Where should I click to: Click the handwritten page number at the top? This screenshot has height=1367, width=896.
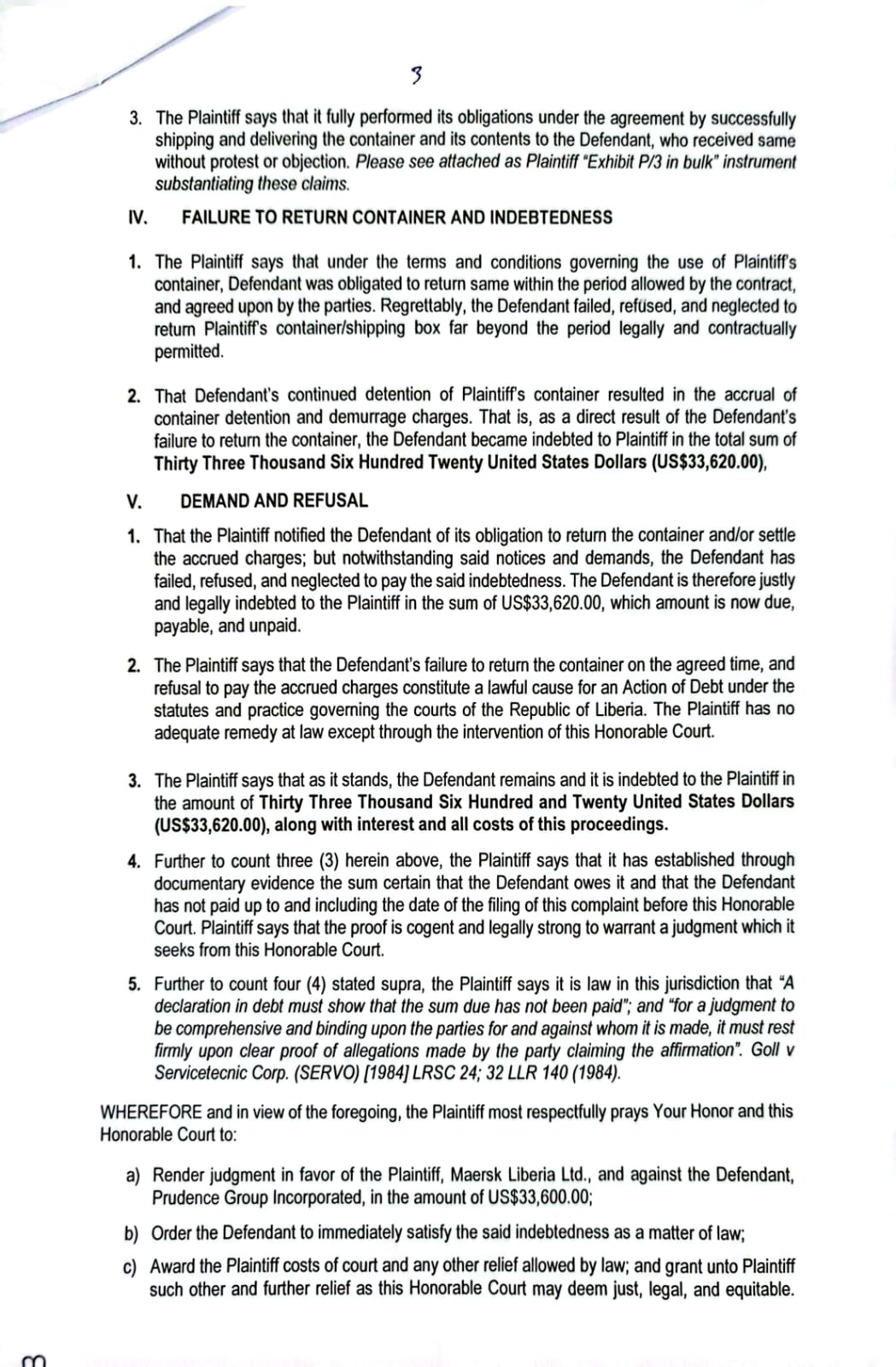pyautogui.click(x=415, y=77)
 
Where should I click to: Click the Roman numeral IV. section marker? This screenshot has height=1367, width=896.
pyautogui.click(x=137, y=217)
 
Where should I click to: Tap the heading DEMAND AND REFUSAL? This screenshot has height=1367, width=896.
pyautogui.click(x=274, y=501)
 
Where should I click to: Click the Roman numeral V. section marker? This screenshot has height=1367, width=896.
pyautogui.click(x=133, y=501)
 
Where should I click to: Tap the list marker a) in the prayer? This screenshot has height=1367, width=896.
pyautogui.click(x=133, y=1176)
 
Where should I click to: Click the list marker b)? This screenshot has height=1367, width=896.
pyautogui.click(x=132, y=1233)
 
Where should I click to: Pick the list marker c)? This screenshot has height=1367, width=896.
pyautogui.click(x=132, y=1266)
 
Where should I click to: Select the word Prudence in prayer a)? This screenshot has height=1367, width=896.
pyautogui.click(x=185, y=1197)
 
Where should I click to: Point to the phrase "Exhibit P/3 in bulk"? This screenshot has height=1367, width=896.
pyautogui.click(x=639, y=162)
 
